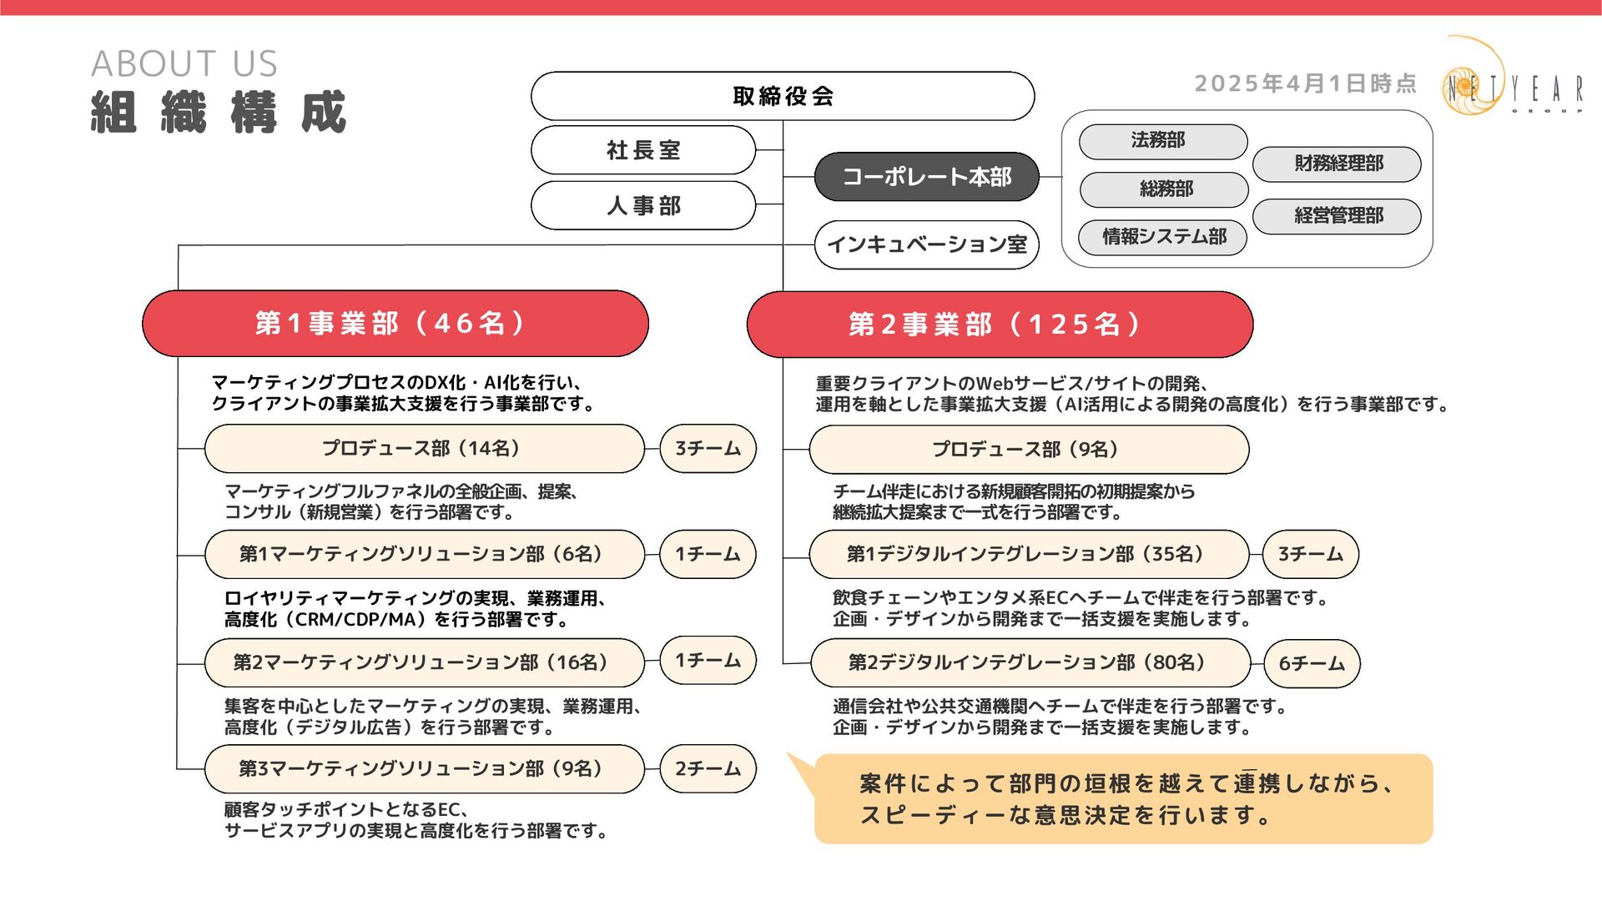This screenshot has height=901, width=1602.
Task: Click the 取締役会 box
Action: pyautogui.click(x=783, y=96)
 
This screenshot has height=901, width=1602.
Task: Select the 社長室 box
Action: pyautogui.click(x=643, y=150)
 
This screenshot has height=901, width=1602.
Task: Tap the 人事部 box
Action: pyautogui.click(x=643, y=205)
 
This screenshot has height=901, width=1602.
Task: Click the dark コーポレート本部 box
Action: pyautogui.click(x=926, y=177)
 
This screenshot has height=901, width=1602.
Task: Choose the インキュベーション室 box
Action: pyautogui.click(x=926, y=244)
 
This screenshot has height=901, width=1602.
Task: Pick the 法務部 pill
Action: pyautogui.click(x=1162, y=141)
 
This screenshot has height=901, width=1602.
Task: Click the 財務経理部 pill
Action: pyautogui.click(x=1337, y=164)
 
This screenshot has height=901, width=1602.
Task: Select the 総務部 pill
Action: pyautogui.click(x=1164, y=189)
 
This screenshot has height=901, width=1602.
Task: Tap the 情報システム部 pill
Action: pyautogui.click(x=1162, y=237)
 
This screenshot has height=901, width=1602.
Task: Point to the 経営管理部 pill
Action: pyautogui.click(x=1337, y=216)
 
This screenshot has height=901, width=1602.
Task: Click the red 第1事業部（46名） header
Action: pyautogui.click(x=395, y=324)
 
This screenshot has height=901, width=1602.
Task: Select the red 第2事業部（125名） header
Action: pyautogui.click(x=1000, y=325)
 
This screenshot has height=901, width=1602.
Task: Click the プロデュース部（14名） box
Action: pyautogui.click(x=424, y=449)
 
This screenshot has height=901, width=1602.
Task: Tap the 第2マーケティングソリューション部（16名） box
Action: pyautogui.click(x=424, y=662)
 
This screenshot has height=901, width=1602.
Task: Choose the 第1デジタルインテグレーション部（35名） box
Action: pyautogui.click(x=1028, y=554)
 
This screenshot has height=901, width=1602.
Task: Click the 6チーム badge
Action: pyautogui.click(x=1312, y=664)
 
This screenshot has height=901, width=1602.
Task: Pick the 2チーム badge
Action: pyautogui.click(x=708, y=769)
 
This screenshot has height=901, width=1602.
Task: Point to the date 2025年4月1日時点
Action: pyautogui.click(x=1305, y=83)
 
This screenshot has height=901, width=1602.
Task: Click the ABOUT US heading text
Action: pyautogui.click(x=184, y=63)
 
